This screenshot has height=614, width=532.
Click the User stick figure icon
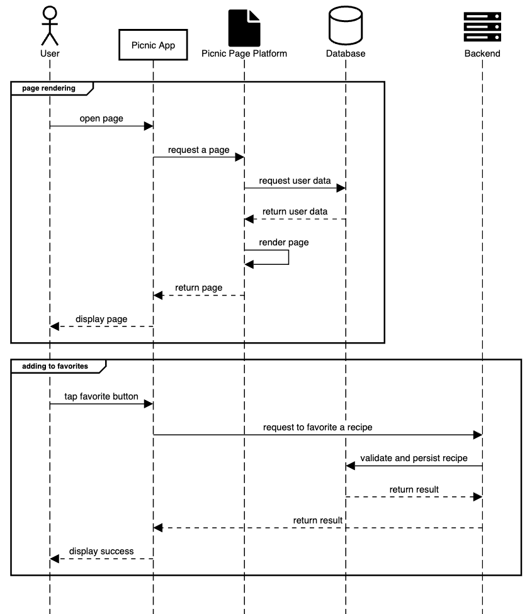(50, 26)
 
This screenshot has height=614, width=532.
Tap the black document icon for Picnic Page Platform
(244, 28)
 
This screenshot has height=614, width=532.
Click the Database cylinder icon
(346, 25)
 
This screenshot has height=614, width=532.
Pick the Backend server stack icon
(482, 26)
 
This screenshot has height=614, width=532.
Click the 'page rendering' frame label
(48, 88)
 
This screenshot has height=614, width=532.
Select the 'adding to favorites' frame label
(55, 366)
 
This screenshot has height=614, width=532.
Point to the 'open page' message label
(101, 118)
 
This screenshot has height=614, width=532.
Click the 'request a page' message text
(198, 150)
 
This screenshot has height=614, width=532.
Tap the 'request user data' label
(295, 181)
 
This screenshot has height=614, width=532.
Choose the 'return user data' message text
(295, 211)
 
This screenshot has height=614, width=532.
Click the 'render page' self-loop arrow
(289, 257)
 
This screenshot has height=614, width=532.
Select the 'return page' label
(198, 287)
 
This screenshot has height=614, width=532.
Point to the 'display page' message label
(101, 319)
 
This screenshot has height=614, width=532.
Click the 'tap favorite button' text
(101, 396)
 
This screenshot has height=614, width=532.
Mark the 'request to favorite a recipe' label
(318, 427)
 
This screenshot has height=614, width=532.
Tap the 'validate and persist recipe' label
(414, 458)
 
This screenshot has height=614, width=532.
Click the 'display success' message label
(101, 551)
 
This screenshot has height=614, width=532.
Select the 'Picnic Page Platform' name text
(244, 53)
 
